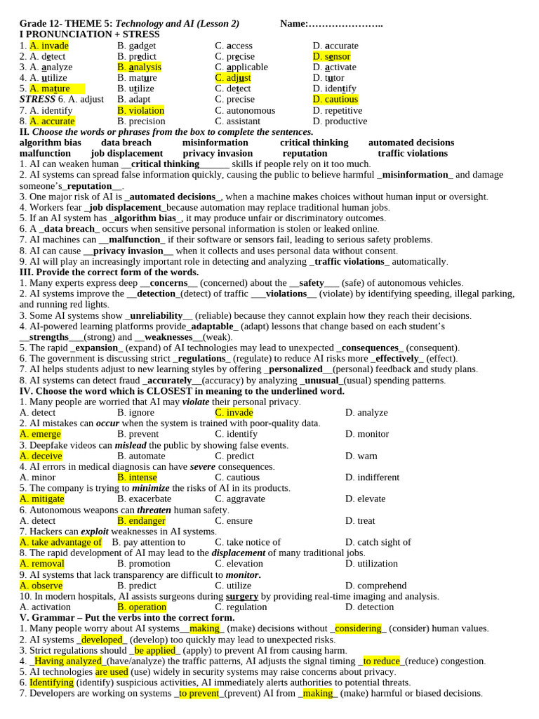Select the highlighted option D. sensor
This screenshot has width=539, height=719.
pos(331,56)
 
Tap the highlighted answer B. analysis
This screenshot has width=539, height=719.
pos(140,67)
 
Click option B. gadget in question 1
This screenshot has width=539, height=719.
pos(137,46)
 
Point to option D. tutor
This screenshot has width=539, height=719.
pos(328,78)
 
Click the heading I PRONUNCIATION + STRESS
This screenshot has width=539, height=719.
pos(90,34)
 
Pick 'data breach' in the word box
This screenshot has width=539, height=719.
pos(126,143)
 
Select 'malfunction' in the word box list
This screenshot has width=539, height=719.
pos(45,153)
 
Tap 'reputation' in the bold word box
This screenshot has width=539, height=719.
pos(305,153)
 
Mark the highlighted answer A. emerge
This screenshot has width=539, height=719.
pos(41,434)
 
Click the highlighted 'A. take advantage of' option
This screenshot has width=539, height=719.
pos(60,542)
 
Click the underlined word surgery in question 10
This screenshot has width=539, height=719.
pos(242,596)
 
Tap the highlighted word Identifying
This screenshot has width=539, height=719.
pos(51,682)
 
